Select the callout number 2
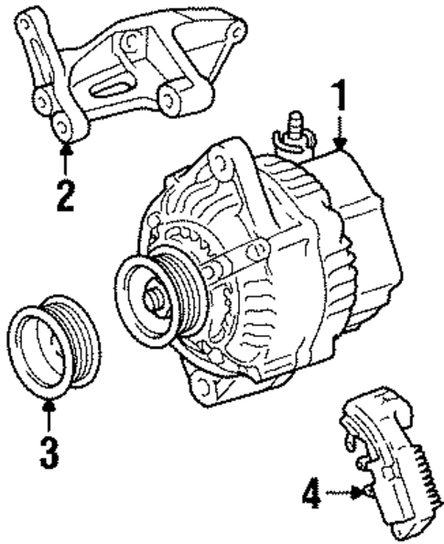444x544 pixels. tap(65, 194)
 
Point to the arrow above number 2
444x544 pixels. tap(65, 158)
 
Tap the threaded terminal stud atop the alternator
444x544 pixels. tap(297, 125)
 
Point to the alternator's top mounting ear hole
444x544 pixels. tap(223, 164)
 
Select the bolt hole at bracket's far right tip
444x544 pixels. tap(236, 35)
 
